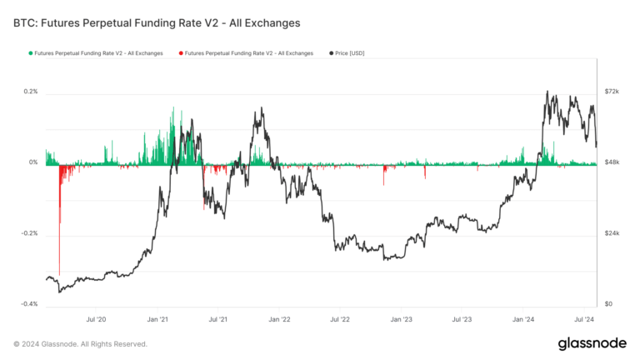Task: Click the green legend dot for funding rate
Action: coord(31,53)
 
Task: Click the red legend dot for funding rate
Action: coord(181,53)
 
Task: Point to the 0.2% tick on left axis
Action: coord(29,92)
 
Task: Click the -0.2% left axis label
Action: coord(28,233)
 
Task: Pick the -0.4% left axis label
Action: coord(28,304)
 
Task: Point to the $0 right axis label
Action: coord(608,304)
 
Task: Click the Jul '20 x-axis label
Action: coord(96,319)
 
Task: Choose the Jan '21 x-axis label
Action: coord(158,319)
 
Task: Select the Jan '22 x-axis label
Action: coord(280,319)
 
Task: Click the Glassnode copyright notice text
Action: coord(80,343)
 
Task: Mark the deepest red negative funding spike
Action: coord(59,271)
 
